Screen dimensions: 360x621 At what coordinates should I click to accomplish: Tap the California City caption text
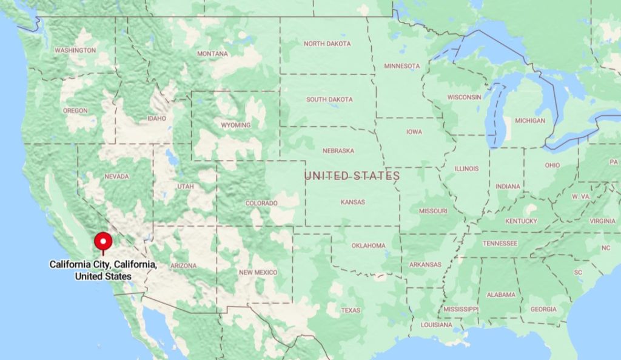pos(103,270)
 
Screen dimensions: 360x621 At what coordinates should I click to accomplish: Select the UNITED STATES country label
pos(352,176)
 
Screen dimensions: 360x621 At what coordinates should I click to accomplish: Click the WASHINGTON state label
pos(75,50)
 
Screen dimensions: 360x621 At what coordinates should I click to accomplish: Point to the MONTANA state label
pos(212,54)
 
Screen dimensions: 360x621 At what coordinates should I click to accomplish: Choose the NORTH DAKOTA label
pos(327,44)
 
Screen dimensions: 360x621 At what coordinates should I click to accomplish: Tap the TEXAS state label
pos(350,310)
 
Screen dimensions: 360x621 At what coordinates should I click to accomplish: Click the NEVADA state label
pos(116,176)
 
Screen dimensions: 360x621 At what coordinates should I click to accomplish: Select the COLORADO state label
pos(261,204)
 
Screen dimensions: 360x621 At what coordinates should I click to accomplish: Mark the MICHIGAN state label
pos(529,121)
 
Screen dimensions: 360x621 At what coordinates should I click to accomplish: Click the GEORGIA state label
pos(543,310)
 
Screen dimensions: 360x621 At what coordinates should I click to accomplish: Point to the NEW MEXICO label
pos(258,273)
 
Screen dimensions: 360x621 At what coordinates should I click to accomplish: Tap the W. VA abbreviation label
pos(581,197)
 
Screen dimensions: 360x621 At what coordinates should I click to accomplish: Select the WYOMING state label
pos(235,125)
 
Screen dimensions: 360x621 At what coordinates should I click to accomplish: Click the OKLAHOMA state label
pos(368,245)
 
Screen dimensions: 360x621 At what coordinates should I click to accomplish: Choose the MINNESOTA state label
pos(401,66)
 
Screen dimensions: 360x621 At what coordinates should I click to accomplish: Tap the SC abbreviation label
pos(578,272)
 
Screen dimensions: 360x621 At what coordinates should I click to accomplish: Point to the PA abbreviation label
pos(609,162)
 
